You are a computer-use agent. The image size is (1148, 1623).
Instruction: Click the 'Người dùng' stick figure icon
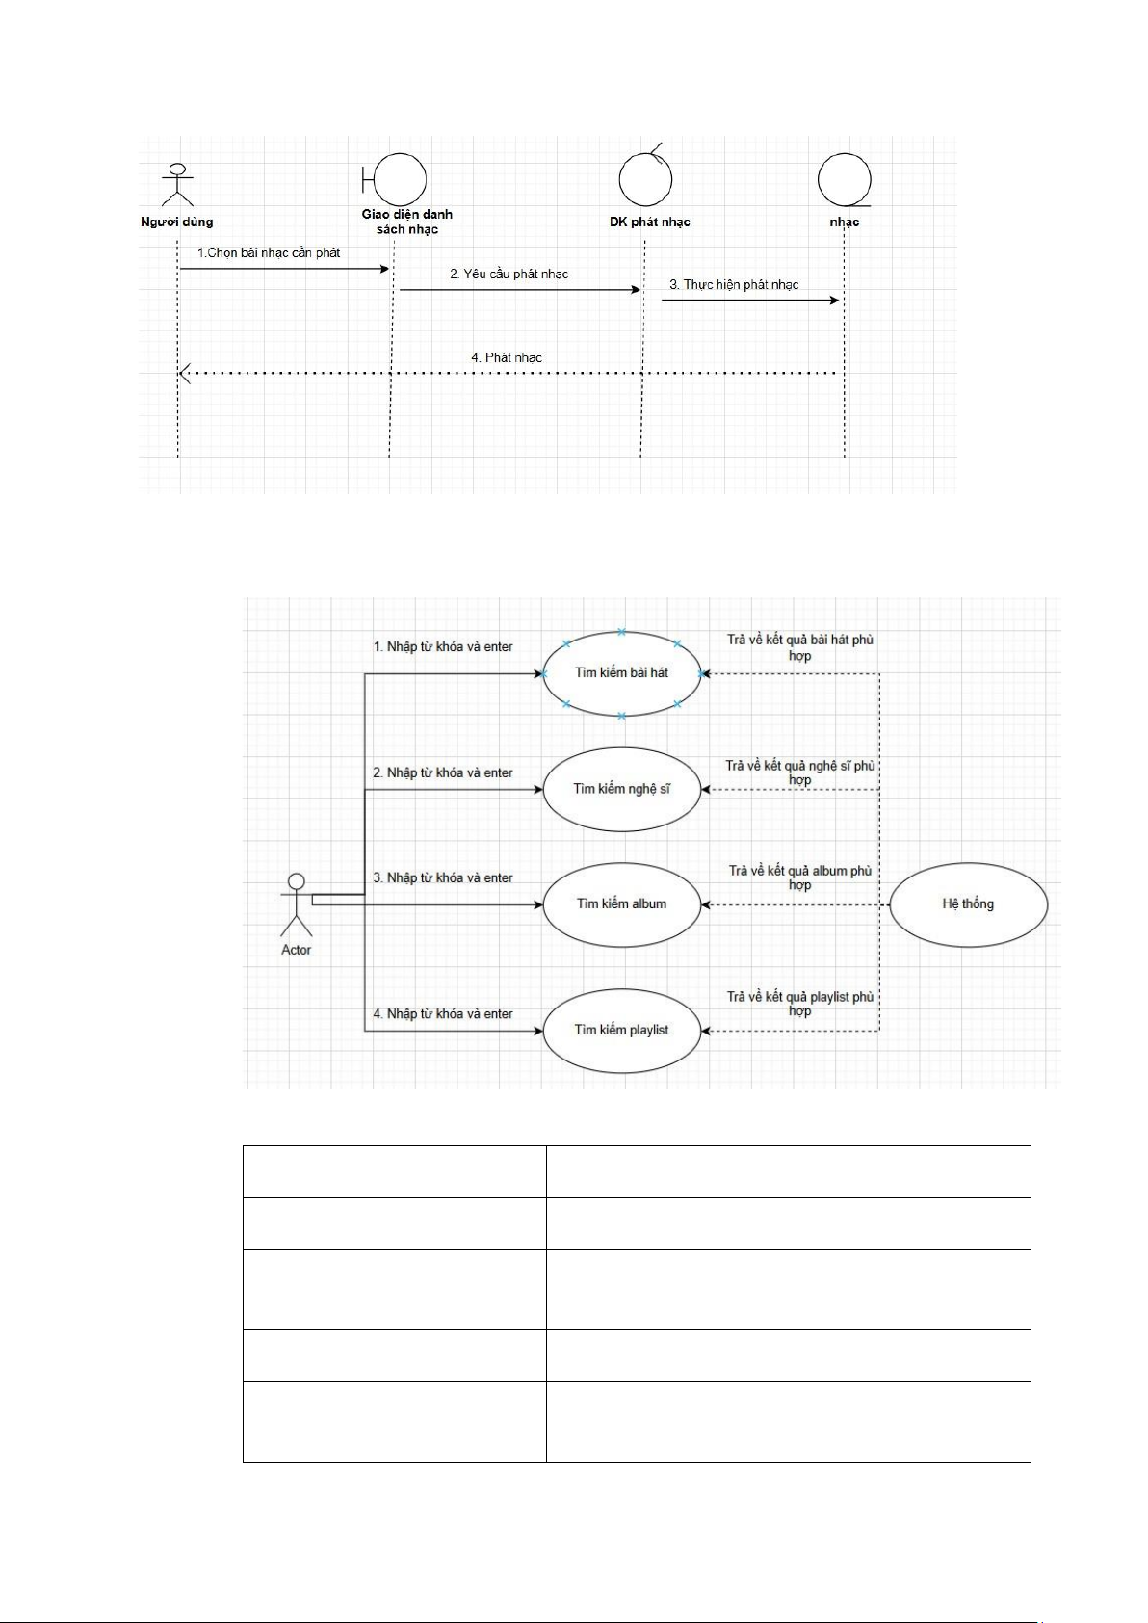178,185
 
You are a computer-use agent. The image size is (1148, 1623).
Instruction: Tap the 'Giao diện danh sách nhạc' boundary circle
398,180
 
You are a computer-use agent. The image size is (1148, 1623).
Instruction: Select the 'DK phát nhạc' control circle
645,180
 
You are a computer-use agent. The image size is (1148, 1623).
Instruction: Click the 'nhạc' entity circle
844,180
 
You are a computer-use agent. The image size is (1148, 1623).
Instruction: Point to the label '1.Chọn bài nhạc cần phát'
269,253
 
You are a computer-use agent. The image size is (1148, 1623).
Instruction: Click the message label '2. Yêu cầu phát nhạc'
509,275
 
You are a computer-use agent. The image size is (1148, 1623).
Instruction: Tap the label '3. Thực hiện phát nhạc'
734,285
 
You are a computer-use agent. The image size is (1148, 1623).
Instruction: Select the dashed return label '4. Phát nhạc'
507,358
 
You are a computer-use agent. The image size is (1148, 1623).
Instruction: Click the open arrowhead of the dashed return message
185,373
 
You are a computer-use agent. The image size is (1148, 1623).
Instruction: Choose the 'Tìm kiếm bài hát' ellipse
621,673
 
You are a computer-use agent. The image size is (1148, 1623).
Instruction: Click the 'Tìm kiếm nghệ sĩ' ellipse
621,789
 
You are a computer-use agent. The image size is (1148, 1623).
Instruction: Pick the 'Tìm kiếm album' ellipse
621,904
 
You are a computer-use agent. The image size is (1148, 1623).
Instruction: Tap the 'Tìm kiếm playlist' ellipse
621,1031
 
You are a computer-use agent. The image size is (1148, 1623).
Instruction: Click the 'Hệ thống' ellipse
968,904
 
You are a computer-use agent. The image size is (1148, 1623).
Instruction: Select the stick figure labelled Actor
297,904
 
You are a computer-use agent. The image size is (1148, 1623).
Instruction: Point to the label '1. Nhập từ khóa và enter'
443,647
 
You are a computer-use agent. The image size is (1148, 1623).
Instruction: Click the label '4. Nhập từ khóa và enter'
443,1014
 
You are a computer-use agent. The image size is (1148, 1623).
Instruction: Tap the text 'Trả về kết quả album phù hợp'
799,877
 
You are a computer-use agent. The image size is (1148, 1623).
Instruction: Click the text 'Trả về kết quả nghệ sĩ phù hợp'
799,772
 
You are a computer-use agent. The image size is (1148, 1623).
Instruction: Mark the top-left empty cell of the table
394,1171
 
